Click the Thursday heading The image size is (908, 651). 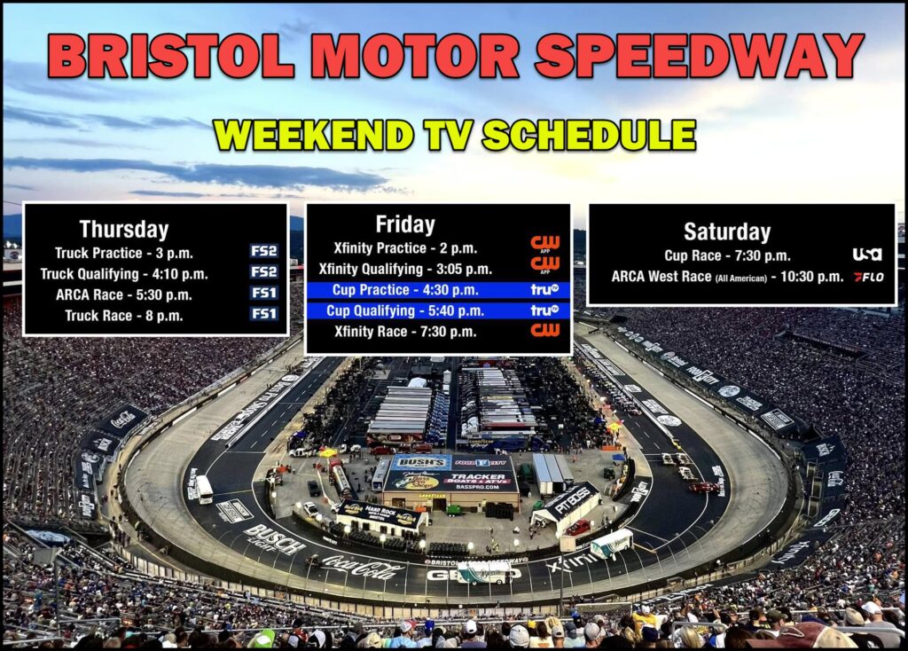coord(124,230)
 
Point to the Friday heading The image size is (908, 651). coord(405,224)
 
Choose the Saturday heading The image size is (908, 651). coord(727,232)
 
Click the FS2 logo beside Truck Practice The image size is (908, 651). coord(263,252)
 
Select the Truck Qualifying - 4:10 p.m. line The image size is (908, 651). coord(124,273)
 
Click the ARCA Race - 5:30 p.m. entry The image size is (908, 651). coord(124,294)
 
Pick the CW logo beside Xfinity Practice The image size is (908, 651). coord(544,243)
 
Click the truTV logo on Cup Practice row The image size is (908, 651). coord(544,289)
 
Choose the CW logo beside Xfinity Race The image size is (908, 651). coord(544,331)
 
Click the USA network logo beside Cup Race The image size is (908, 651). coord(867,255)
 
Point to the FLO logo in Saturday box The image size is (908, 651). coord(868,277)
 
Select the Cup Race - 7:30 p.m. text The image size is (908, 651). coord(727,255)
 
